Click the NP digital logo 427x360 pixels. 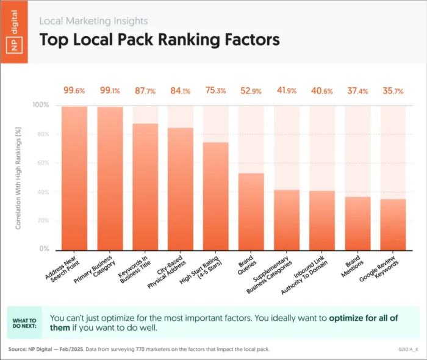pyautogui.click(x=18, y=31)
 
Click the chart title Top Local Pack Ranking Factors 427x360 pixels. pyautogui.click(x=159, y=40)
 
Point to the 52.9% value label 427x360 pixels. pyautogui.click(x=251, y=91)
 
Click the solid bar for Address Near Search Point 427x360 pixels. pyautogui.click(x=74, y=178)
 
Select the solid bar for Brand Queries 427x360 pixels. pyautogui.click(x=251, y=211)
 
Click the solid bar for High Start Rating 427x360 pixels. pyautogui.click(x=215, y=195)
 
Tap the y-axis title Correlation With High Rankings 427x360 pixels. pyautogui.click(x=20, y=177)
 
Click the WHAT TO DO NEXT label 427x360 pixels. pyautogui.click(x=24, y=323)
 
